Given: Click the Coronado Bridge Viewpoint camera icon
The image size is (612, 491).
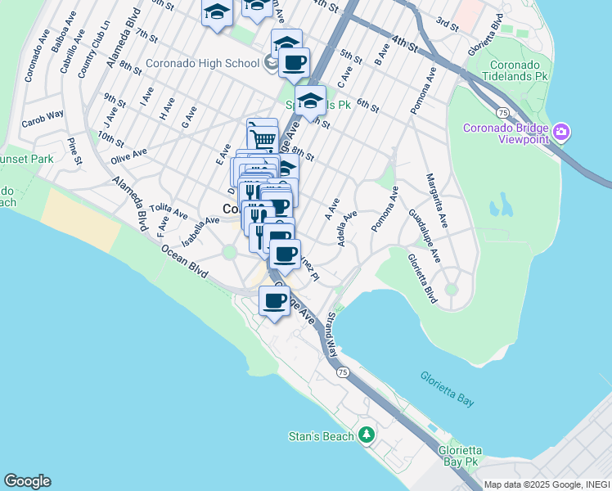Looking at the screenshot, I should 561,131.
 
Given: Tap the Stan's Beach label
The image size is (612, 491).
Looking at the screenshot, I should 322,436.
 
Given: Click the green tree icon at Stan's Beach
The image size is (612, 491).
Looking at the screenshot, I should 367,435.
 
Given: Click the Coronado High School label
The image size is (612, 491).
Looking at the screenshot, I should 204,63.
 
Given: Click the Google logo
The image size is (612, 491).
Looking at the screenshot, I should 27,481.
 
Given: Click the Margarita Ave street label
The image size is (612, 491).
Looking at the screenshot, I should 436,200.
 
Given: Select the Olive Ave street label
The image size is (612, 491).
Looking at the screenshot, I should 128,152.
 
